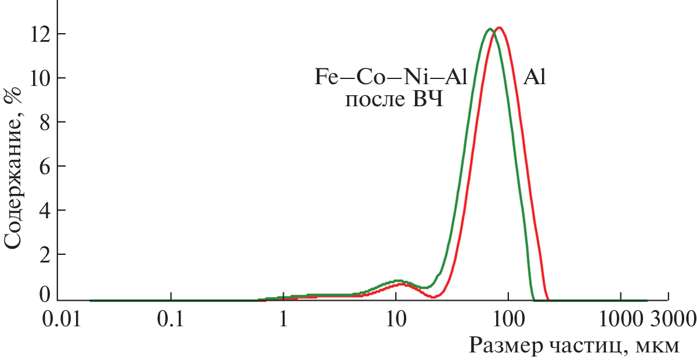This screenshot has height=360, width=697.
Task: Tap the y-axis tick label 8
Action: click(x=48, y=123)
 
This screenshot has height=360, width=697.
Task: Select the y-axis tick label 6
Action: click(x=48, y=167)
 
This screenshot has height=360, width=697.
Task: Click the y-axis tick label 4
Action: click(x=48, y=210)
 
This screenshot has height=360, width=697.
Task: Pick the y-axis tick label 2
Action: click(x=48, y=254)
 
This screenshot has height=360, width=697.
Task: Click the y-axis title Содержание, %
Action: click(x=14, y=165)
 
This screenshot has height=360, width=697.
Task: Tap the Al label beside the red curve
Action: click(x=535, y=77)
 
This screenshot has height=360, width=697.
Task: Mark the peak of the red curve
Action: click(x=499, y=27)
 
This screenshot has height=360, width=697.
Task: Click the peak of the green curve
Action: click(x=490, y=28)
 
